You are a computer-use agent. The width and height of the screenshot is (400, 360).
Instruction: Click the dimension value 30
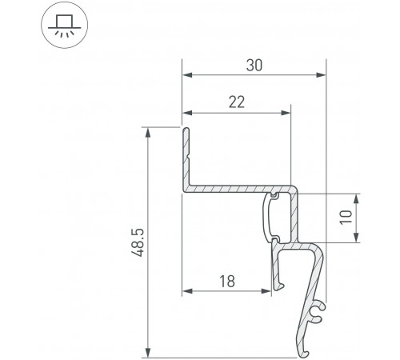(254, 65)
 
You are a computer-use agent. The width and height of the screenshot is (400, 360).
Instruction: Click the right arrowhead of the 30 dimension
(322, 76)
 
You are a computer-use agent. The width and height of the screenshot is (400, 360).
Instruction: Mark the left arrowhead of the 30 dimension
(187, 76)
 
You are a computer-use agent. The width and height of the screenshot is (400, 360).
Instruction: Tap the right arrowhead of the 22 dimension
(286, 112)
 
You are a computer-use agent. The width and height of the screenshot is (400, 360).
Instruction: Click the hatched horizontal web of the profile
(232, 189)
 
